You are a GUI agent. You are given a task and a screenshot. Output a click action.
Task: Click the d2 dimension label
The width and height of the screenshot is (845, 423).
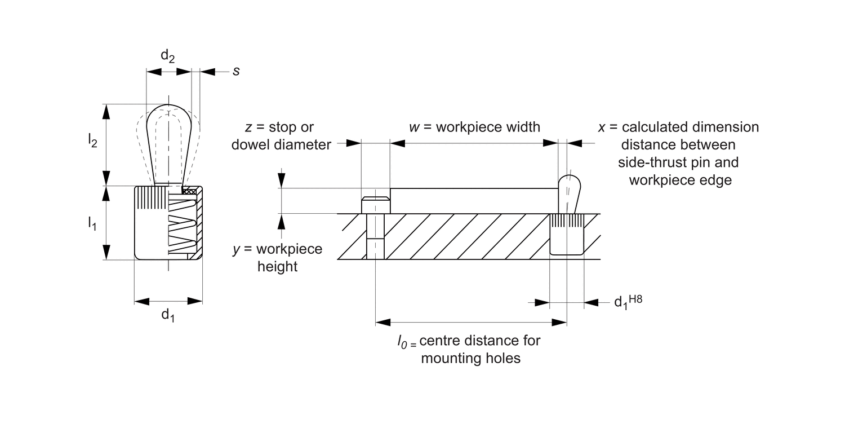(x=167, y=56)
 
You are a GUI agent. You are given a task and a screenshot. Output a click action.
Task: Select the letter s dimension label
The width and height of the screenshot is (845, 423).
(x=236, y=72)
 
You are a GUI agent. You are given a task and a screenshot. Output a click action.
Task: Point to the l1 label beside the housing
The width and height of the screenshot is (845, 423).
(x=92, y=223)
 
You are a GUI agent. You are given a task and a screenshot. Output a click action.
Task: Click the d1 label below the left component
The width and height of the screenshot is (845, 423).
(x=168, y=315)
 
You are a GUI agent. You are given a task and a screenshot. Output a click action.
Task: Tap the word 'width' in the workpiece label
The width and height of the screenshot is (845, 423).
(x=522, y=127)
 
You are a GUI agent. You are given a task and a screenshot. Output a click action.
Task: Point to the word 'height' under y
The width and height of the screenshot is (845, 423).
(x=277, y=266)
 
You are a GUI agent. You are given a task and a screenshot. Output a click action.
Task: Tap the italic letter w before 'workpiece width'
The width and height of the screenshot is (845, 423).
(x=415, y=127)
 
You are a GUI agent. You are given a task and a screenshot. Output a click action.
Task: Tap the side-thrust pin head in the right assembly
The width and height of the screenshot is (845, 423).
(x=570, y=186)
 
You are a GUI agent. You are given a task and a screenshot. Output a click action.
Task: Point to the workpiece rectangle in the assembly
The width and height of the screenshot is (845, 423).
(x=473, y=200)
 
